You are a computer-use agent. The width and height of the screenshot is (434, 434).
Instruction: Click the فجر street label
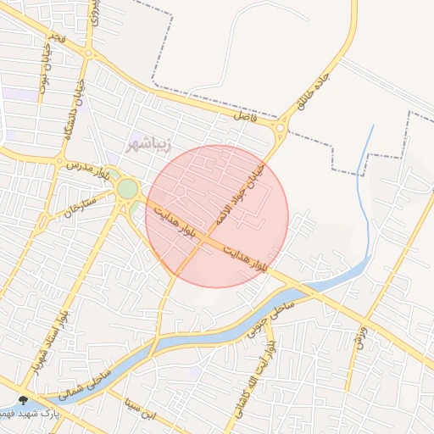(56, 40)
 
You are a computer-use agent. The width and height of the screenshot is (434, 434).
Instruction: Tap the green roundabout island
(126, 188)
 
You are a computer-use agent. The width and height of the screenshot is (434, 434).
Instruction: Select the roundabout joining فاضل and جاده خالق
(280, 129)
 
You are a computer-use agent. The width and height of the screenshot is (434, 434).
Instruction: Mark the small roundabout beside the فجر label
(88, 53)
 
